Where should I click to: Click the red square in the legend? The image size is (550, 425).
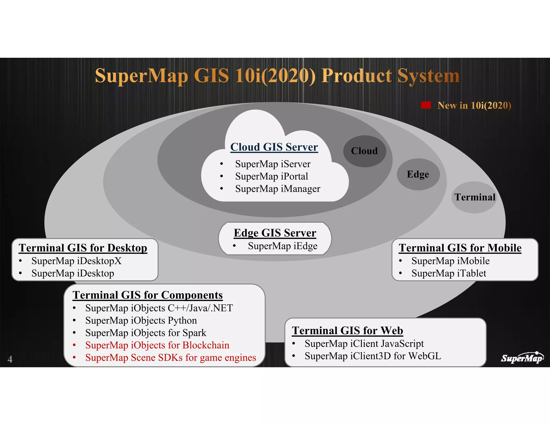tap(426, 105)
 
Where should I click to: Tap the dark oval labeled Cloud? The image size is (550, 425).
tap(364, 151)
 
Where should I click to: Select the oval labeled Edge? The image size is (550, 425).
tap(418, 174)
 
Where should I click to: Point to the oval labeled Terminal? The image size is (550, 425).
tap(475, 197)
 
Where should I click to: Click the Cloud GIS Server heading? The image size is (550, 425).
tap(274, 147)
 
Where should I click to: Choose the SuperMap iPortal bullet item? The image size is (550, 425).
tap(272, 177)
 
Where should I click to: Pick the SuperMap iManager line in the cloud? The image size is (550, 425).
tap(278, 189)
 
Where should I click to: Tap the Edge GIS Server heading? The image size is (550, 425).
tap(275, 233)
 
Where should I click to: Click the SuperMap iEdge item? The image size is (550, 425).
tap(283, 246)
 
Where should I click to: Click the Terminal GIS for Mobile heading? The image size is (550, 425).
tap(460, 248)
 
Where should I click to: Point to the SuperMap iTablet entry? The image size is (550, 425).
tap(449, 273)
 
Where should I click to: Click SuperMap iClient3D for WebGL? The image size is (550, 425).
tap(373, 356)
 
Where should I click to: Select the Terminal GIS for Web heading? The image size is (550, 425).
tap(348, 331)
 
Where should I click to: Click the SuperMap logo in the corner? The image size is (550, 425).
tap(522, 358)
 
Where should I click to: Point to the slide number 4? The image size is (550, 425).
tap(10, 359)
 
